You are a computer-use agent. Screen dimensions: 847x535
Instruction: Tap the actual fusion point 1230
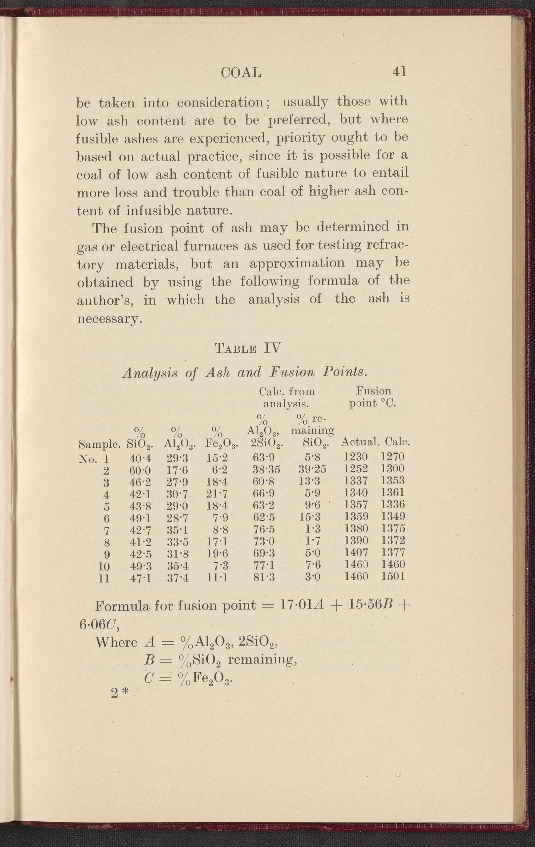click(x=355, y=457)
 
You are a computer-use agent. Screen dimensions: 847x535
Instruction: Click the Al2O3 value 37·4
click(x=177, y=577)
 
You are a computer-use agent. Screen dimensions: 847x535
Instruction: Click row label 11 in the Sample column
click(x=104, y=578)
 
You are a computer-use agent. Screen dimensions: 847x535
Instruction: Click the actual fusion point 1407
click(x=355, y=552)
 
